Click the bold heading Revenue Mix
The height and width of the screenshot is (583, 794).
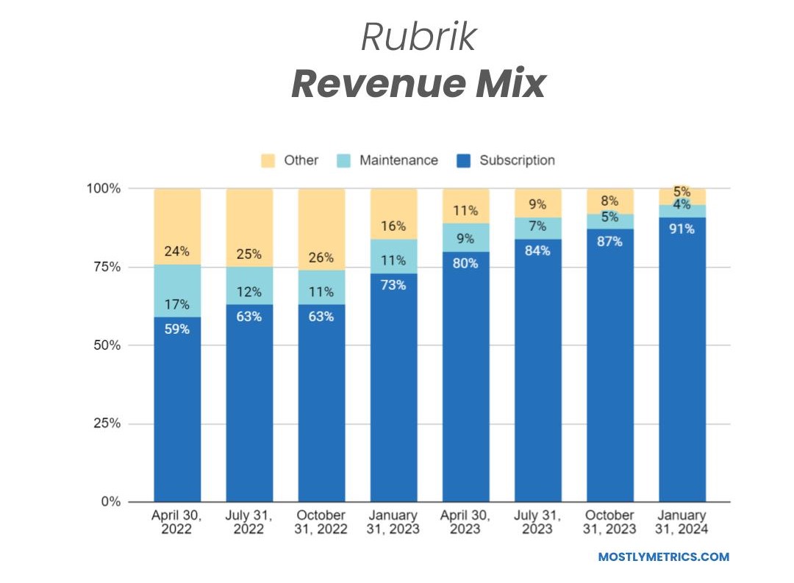pos(418,85)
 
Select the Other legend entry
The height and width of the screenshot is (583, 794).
pos(301,160)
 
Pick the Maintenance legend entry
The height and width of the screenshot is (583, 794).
pos(398,160)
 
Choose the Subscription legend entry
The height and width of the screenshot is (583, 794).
pos(517,160)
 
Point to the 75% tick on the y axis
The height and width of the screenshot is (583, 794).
pos(104,267)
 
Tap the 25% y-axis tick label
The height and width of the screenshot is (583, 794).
pos(104,423)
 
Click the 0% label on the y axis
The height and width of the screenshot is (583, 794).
pos(108,502)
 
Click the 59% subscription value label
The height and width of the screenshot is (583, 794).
pos(176,329)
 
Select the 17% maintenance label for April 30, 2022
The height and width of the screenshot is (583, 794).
pos(176,304)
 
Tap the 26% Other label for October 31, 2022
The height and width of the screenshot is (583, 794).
pos(321,258)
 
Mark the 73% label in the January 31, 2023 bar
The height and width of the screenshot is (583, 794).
pos(393,285)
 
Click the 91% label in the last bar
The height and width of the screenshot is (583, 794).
pos(682,229)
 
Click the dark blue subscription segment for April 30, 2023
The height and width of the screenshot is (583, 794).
pos(465,382)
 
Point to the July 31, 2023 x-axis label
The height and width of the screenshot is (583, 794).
pos(537,521)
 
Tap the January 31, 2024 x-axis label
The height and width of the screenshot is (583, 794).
pos(682,521)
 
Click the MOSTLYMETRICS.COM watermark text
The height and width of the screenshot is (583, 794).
pos(664,557)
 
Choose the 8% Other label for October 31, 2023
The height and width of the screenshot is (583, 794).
pos(609,201)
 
